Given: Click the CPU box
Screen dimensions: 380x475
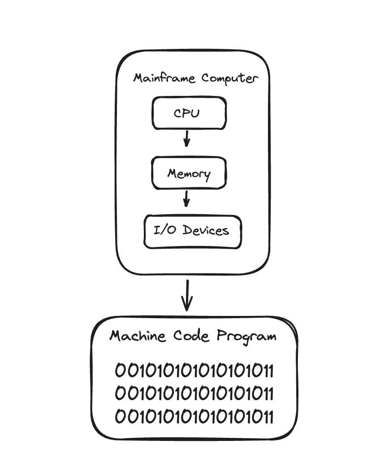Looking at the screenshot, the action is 189,113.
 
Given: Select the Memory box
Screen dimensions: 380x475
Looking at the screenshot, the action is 189,173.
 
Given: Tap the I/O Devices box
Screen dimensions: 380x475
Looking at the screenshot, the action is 193,232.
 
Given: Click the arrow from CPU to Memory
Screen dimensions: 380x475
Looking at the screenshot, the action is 187,139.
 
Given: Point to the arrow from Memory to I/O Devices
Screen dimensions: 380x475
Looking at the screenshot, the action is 187,199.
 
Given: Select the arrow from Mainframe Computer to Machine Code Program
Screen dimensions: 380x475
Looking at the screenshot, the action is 187,295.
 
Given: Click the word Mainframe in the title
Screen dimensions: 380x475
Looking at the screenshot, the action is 164,78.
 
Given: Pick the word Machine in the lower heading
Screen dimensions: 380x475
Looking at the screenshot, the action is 138,336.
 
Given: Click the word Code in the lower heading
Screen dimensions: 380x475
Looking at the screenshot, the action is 191,336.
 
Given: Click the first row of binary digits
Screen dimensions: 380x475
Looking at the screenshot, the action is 194,370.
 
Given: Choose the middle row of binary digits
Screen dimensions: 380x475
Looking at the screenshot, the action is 194,393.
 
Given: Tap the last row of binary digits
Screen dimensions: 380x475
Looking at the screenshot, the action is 194,416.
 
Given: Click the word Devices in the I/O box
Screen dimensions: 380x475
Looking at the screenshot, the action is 206,230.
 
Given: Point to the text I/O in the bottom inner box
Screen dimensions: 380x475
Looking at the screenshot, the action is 164,230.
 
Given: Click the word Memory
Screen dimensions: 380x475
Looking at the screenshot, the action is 189,174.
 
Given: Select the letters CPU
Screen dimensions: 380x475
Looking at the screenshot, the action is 187,113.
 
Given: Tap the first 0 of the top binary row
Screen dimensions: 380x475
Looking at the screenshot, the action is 120,370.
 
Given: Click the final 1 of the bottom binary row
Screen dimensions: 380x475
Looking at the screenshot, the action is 271,416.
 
